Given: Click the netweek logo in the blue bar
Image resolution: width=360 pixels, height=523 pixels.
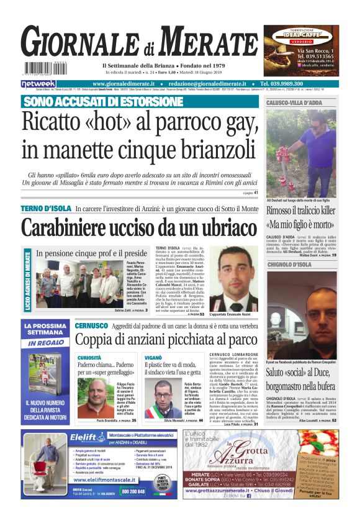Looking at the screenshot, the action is coord(38,83).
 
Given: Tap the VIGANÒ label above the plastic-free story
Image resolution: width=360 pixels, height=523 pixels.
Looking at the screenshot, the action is coord(153,358).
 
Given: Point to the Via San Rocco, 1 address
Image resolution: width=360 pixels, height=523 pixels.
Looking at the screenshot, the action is coord(317,50).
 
